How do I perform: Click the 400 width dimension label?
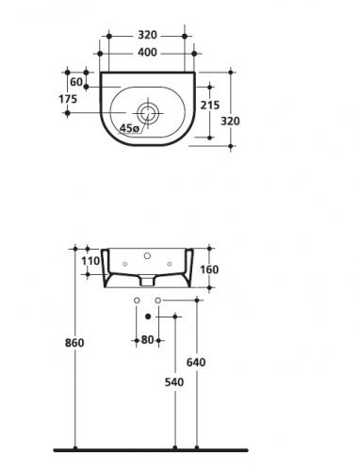pyautogui.click(x=147, y=52)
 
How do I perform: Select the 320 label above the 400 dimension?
pyautogui.click(x=147, y=35)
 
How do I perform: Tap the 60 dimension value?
pyautogui.click(x=76, y=82)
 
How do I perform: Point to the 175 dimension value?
pyautogui.click(x=68, y=99)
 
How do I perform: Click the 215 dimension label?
pyautogui.click(x=210, y=106)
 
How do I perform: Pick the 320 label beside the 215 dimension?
pyautogui.click(x=230, y=121)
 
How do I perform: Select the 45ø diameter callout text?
pyautogui.click(x=129, y=128)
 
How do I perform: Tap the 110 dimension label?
pyautogui.click(x=90, y=261)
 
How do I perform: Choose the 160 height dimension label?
pyautogui.click(x=209, y=269)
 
